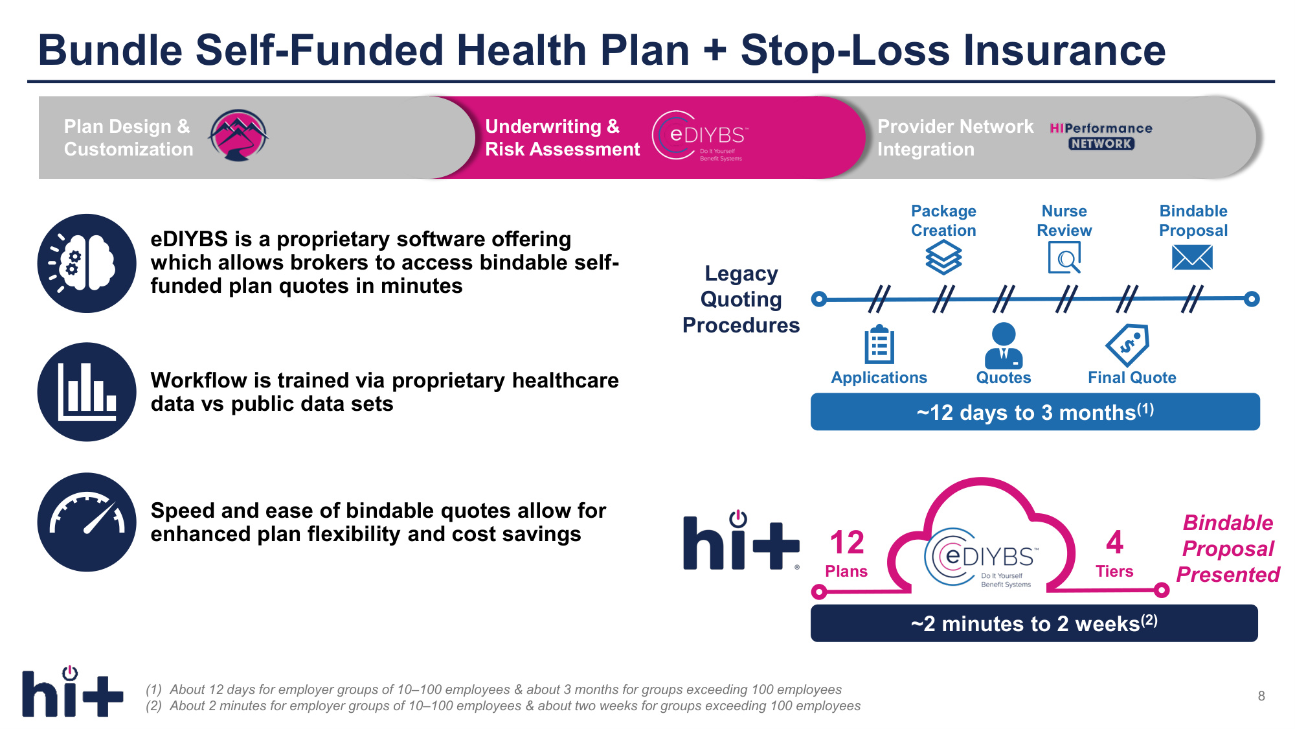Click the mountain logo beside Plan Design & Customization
(x=238, y=135)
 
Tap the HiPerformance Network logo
(x=1101, y=136)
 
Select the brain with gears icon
(x=87, y=263)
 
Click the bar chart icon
(x=87, y=392)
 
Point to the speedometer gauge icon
(x=87, y=522)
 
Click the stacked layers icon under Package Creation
(x=943, y=257)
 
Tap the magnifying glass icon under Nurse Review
(x=1064, y=257)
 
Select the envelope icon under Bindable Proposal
(x=1192, y=258)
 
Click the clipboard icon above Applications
(x=879, y=344)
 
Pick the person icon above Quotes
(x=1004, y=345)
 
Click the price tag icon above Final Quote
(x=1127, y=345)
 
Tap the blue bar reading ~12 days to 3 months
(x=1035, y=411)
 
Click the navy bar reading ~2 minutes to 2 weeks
(x=1034, y=623)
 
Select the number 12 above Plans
(x=847, y=542)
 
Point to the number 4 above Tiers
(x=1114, y=542)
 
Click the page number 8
(x=1261, y=696)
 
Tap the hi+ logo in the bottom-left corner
(x=73, y=691)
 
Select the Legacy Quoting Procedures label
(x=741, y=299)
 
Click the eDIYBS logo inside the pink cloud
(x=982, y=558)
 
